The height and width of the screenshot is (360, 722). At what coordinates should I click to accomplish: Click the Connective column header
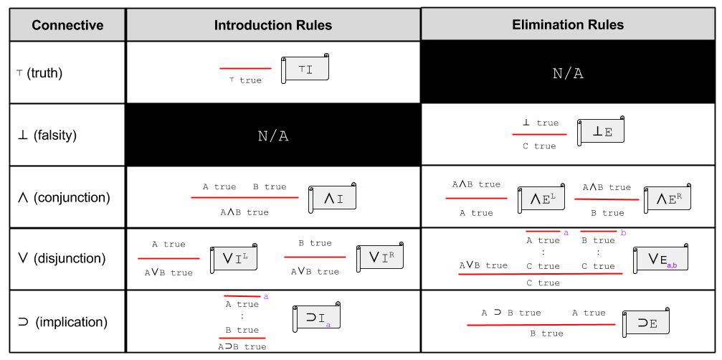pyautogui.click(x=67, y=25)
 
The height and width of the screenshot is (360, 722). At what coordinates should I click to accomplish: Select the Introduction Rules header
pyautogui.click(x=272, y=25)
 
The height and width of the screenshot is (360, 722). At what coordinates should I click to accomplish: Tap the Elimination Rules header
pyautogui.click(x=568, y=24)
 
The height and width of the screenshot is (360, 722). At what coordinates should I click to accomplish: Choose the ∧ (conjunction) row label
pyautogui.click(x=62, y=196)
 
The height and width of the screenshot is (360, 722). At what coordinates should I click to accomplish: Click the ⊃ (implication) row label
pyautogui.click(x=61, y=321)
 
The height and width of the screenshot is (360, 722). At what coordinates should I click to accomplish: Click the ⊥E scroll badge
pyautogui.click(x=600, y=131)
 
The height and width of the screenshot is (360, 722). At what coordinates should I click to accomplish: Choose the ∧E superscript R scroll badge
pyautogui.click(x=667, y=199)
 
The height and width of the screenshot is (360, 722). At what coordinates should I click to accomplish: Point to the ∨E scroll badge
pyautogui.click(x=660, y=258)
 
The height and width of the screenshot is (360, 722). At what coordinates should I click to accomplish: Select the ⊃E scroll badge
pyautogui.click(x=646, y=323)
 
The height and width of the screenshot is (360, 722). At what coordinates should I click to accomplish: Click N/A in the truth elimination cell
pyautogui.click(x=568, y=73)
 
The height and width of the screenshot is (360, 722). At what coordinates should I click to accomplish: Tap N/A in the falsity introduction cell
pyautogui.click(x=272, y=136)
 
